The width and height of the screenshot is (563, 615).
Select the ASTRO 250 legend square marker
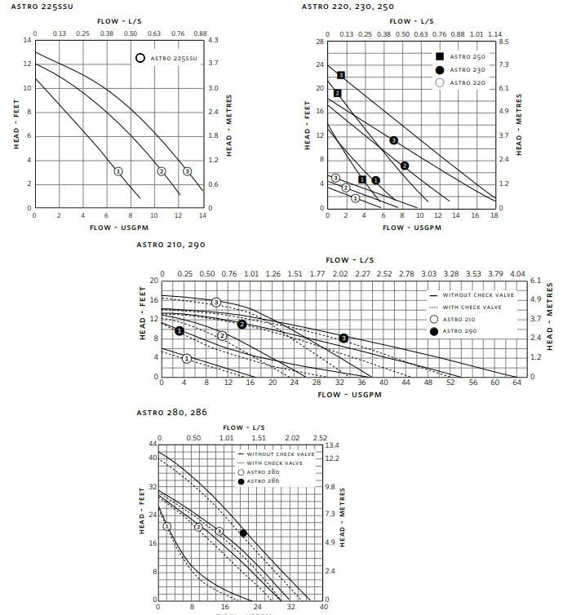tap(440, 56)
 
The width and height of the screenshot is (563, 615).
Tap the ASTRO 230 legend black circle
tap(440, 69)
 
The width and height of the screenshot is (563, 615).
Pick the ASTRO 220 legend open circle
tap(440, 82)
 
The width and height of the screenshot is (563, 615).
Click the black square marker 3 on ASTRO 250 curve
tap(341, 75)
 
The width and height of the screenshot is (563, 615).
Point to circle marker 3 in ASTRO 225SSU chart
tap(187, 171)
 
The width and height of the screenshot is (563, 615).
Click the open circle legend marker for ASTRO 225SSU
tap(140, 58)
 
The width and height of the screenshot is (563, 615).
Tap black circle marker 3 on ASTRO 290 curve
tap(344, 338)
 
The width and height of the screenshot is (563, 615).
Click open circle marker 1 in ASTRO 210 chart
tap(187, 358)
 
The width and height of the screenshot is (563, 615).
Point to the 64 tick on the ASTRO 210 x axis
tap(516, 382)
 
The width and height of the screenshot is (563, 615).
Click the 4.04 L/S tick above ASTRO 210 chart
tap(516, 274)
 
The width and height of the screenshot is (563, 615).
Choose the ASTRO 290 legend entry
tap(457, 331)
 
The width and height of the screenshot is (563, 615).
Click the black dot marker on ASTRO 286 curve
tap(243, 533)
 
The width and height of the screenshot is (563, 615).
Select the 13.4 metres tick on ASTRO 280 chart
tap(332, 445)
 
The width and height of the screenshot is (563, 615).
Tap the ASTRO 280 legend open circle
tap(241, 472)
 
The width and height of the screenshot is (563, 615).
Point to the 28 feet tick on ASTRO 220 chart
tap(320, 40)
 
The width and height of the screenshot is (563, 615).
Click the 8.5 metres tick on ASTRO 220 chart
tap(504, 41)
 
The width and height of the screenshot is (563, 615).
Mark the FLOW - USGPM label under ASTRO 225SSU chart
tap(117, 228)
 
